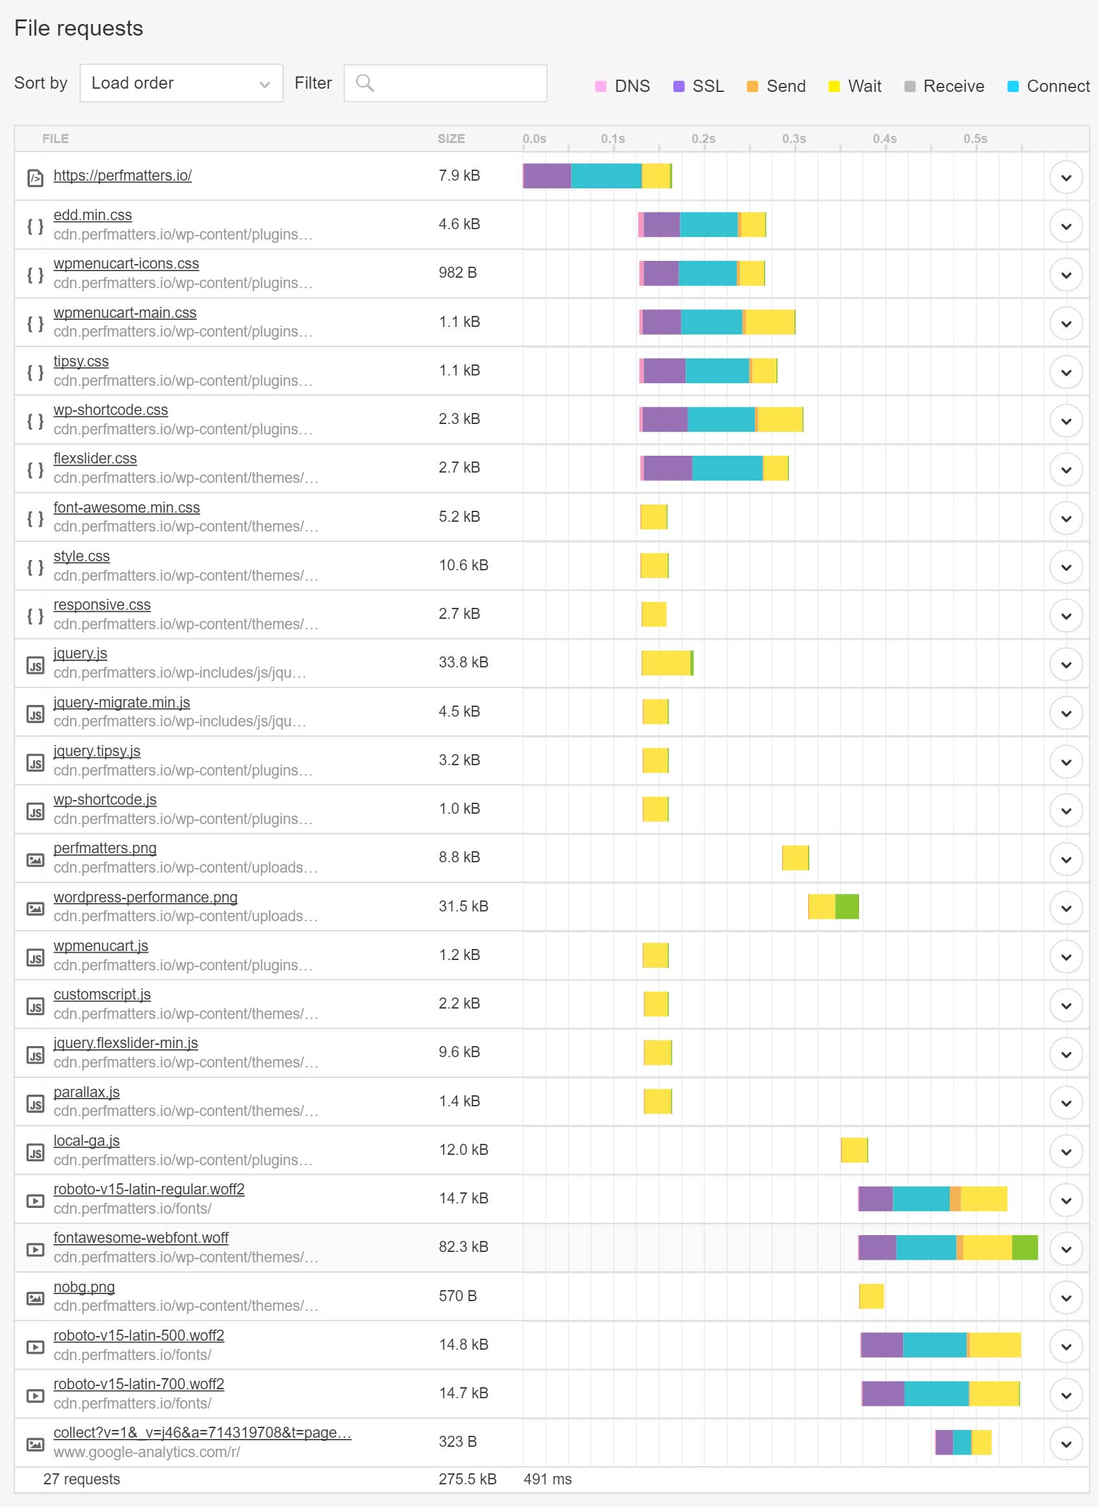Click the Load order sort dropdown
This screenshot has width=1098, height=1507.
181,83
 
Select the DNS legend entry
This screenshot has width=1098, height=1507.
623,86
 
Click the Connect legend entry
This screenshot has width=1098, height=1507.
1048,86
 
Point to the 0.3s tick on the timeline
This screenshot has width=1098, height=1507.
794,139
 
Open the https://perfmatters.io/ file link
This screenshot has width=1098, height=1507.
122,175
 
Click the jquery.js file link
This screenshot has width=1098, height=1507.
80,653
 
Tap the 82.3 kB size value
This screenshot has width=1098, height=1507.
464,1247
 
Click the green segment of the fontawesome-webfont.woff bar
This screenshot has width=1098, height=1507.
1024,1247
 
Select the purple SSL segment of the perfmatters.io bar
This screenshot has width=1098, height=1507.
547,175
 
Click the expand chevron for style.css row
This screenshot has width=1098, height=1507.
1066,567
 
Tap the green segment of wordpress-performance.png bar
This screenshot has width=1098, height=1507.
847,906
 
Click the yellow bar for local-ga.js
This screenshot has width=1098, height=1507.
853,1150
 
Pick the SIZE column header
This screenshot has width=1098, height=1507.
451,139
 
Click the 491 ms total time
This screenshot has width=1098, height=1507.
547,1479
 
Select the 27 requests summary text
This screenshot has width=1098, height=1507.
82,1479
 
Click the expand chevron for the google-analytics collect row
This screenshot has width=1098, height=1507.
1066,1444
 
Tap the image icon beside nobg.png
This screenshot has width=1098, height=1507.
35,1298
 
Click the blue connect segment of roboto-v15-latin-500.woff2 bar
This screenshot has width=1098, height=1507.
934,1345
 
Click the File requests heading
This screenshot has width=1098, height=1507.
78,28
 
